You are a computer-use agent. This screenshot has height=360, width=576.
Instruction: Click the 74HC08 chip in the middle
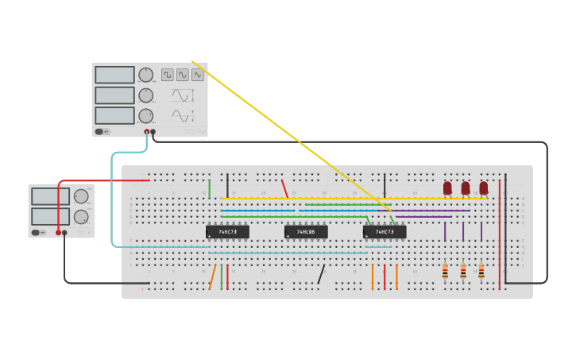(x=306, y=232)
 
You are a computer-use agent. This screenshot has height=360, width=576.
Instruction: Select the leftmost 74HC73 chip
(x=227, y=232)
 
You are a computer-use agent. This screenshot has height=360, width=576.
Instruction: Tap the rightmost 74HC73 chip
(x=385, y=232)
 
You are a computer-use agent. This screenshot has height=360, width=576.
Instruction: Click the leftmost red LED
(x=447, y=188)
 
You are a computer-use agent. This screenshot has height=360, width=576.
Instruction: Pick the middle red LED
(x=466, y=188)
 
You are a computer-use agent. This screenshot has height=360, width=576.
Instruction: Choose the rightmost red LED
(x=483, y=188)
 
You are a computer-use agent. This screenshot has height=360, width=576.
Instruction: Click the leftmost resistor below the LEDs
(x=445, y=272)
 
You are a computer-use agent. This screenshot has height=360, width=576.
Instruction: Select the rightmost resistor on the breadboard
(x=481, y=272)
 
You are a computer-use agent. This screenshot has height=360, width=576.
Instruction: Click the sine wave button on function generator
(x=183, y=75)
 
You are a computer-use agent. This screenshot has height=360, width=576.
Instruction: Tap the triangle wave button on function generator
(x=197, y=75)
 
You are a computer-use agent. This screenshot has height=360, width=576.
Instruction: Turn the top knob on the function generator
(x=145, y=74)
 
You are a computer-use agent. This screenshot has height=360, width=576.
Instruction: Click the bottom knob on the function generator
(x=145, y=116)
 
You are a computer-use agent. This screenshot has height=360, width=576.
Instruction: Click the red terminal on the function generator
(x=146, y=132)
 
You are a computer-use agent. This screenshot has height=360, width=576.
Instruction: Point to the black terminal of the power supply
(x=65, y=233)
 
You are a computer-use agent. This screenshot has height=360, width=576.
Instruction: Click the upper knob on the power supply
(x=81, y=196)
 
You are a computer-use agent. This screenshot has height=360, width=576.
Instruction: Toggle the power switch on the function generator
(x=102, y=132)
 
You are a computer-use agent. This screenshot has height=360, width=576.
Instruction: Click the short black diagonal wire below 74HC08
(x=321, y=275)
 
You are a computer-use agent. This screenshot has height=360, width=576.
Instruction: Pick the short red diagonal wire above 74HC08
(x=284, y=189)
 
